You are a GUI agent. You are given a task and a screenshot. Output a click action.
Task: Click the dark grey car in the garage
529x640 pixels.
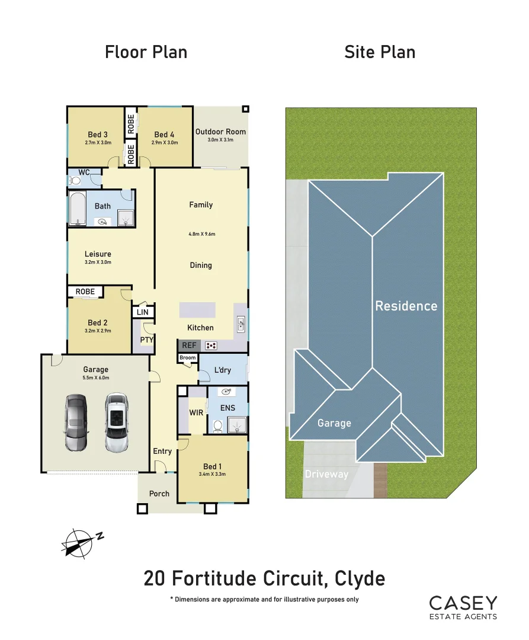(x=76, y=423)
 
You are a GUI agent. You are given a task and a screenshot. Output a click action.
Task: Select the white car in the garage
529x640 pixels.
(x=116, y=423)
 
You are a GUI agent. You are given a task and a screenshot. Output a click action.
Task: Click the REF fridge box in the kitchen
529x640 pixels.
(x=189, y=345)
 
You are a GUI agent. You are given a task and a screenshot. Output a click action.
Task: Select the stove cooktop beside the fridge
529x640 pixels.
(x=211, y=345)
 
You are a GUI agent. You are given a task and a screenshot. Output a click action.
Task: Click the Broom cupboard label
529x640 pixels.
(x=187, y=358)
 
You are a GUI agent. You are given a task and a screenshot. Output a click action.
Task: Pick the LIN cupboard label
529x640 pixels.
(x=143, y=312)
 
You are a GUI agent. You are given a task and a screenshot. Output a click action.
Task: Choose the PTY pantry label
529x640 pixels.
(x=146, y=340)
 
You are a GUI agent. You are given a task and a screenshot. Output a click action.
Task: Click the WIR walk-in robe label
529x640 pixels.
(x=196, y=412)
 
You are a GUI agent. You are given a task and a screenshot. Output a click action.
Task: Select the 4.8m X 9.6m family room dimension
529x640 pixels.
(x=201, y=234)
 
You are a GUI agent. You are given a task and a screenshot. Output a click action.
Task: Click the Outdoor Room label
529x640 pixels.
(x=220, y=132)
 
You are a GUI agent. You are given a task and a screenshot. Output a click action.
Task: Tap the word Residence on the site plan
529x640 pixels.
(x=406, y=306)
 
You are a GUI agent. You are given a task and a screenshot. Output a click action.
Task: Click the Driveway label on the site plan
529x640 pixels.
(x=326, y=474)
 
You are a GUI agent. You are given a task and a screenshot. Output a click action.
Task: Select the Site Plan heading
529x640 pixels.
(x=380, y=52)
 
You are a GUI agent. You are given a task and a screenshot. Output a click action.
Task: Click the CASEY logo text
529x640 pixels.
(x=463, y=603)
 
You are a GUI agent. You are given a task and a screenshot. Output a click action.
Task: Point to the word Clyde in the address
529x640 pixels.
(x=360, y=578)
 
